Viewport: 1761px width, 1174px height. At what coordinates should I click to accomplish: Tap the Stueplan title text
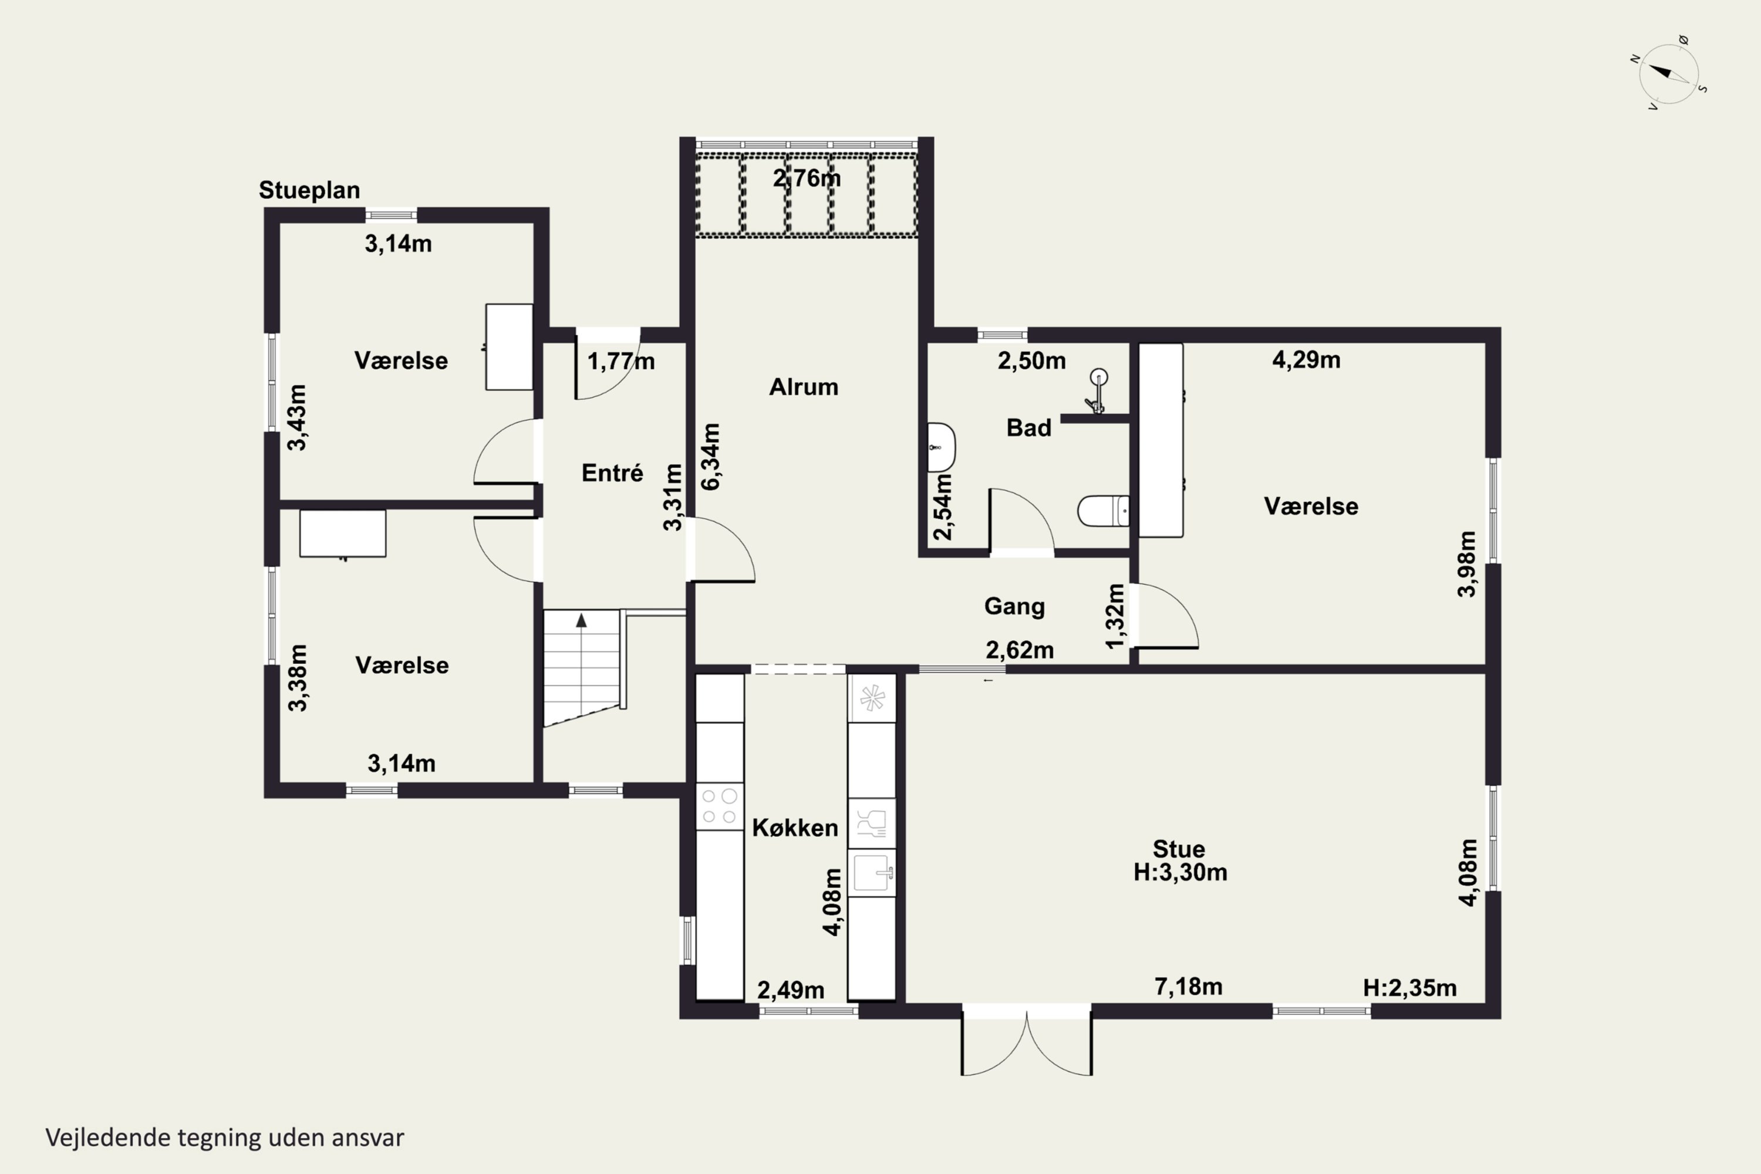[x=309, y=190]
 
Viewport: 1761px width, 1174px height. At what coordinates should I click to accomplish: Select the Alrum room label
[x=804, y=387]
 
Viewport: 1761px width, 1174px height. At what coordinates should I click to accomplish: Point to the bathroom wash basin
[x=941, y=447]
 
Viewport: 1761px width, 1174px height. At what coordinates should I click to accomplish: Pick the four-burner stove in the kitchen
[x=720, y=805]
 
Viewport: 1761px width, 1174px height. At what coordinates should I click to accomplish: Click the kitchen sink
[x=872, y=872]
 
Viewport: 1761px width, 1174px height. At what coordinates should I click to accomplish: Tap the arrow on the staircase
[x=581, y=620]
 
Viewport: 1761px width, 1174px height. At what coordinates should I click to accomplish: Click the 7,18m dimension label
[x=1188, y=987]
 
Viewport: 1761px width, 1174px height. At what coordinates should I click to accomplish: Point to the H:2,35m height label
[x=1410, y=989]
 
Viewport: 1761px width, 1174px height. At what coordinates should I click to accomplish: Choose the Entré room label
[x=612, y=473]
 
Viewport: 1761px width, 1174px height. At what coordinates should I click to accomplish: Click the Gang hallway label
[x=1014, y=606]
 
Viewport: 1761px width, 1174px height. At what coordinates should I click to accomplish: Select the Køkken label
[x=795, y=828]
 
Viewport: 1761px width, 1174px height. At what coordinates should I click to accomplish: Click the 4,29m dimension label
[x=1307, y=360]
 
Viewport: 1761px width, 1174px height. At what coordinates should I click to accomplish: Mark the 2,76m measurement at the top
[x=807, y=178]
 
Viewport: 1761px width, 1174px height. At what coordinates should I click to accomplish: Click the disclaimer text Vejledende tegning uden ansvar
[x=225, y=1138]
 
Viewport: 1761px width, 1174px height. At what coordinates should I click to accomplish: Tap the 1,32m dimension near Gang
[x=1115, y=616]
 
